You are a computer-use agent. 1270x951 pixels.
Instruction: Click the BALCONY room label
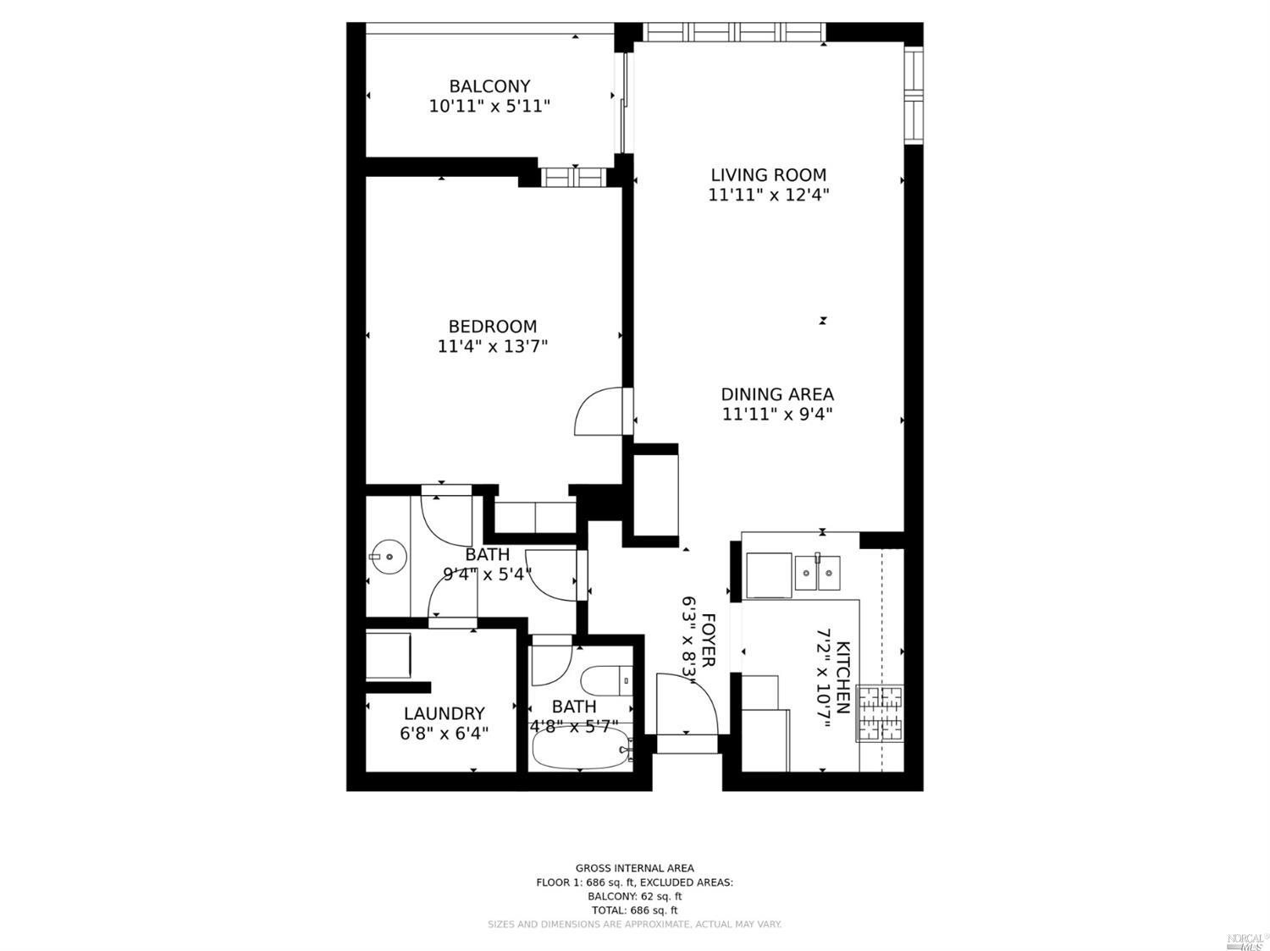[x=489, y=86]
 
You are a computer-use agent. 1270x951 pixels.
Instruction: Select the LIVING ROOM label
[x=768, y=175]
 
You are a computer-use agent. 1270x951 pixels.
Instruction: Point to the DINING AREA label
[x=776, y=394]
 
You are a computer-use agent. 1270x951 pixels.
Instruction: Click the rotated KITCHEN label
[x=843, y=678]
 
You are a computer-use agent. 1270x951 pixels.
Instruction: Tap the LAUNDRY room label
[x=444, y=713]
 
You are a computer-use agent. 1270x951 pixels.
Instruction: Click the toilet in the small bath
[x=606, y=679]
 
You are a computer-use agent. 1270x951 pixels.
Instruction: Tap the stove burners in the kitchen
[x=881, y=713]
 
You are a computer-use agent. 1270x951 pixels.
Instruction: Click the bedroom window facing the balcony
[x=573, y=177]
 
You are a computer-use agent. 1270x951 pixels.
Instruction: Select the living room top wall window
[x=733, y=32]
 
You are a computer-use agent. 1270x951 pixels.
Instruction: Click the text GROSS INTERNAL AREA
[x=634, y=868]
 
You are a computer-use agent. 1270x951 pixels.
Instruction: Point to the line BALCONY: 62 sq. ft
[x=634, y=897]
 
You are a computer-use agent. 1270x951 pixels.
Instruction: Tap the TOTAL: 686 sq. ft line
[x=634, y=910]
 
